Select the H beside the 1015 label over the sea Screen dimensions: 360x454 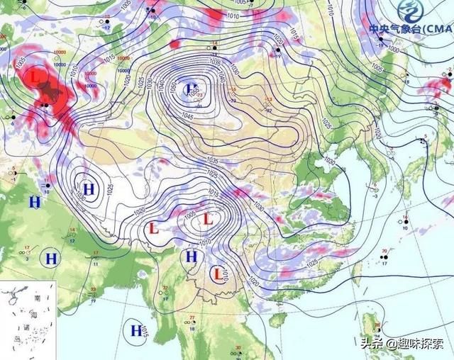click(x=135, y=329)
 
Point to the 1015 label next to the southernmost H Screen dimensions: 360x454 click(x=145, y=331)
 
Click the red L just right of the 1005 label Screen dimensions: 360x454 click(x=208, y=219)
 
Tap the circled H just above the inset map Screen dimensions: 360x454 click(x=51, y=259)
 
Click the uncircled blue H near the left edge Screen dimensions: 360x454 click(x=34, y=202)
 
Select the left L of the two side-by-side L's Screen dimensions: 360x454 click(x=153, y=228)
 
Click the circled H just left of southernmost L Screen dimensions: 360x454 click(x=191, y=257)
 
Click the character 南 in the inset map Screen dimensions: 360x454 click(x=36, y=298)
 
